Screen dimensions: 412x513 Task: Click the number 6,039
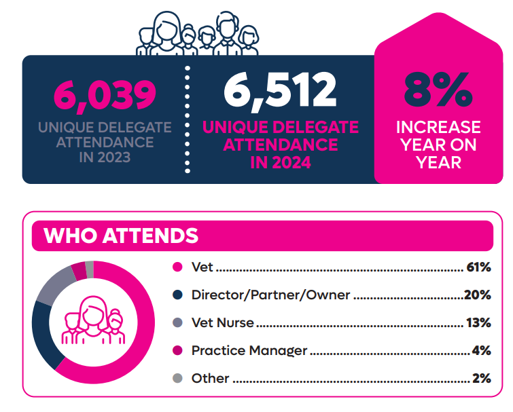(105, 95)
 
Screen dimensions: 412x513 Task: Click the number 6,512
(281, 90)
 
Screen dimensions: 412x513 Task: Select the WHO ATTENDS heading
(121, 236)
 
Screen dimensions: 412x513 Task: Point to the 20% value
(477, 295)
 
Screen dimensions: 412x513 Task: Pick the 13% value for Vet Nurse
(478, 323)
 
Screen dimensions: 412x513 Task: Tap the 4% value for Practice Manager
(480, 351)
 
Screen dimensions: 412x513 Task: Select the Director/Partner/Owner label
(270, 295)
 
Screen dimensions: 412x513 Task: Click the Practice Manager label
(249, 351)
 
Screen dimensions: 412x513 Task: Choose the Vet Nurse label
(222, 323)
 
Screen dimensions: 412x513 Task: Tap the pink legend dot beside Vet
(178, 267)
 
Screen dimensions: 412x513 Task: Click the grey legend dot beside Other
(178, 379)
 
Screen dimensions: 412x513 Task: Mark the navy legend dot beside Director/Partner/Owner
(178, 295)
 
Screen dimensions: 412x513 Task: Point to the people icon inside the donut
(90, 320)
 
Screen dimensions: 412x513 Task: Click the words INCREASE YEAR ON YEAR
(438, 145)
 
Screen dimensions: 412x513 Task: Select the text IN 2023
(105, 159)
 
